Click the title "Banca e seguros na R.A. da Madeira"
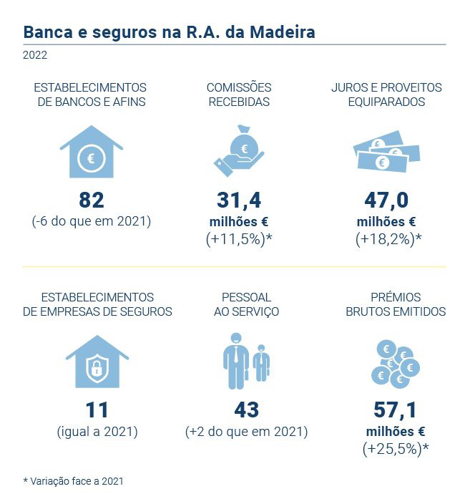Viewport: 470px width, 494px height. coord(169,32)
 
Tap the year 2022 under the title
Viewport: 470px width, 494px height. coord(36,54)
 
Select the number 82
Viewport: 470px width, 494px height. coord(91,200)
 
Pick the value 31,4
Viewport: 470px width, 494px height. coord(240,200)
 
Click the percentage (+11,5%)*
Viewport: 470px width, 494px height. coord(240,240)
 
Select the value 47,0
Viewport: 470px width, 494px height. coord(386,200)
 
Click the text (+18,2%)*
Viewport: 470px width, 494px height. coord(386,240)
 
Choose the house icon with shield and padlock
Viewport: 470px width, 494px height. coord(97,362)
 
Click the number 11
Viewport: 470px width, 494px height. coord(97,410)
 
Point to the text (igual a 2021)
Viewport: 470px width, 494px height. coord(97,432)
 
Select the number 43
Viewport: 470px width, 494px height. coord(246,410)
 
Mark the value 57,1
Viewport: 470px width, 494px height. coord(395,410)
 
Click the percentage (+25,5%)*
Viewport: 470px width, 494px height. coord(395,450)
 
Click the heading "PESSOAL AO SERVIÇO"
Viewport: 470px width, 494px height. coord(246,304)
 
